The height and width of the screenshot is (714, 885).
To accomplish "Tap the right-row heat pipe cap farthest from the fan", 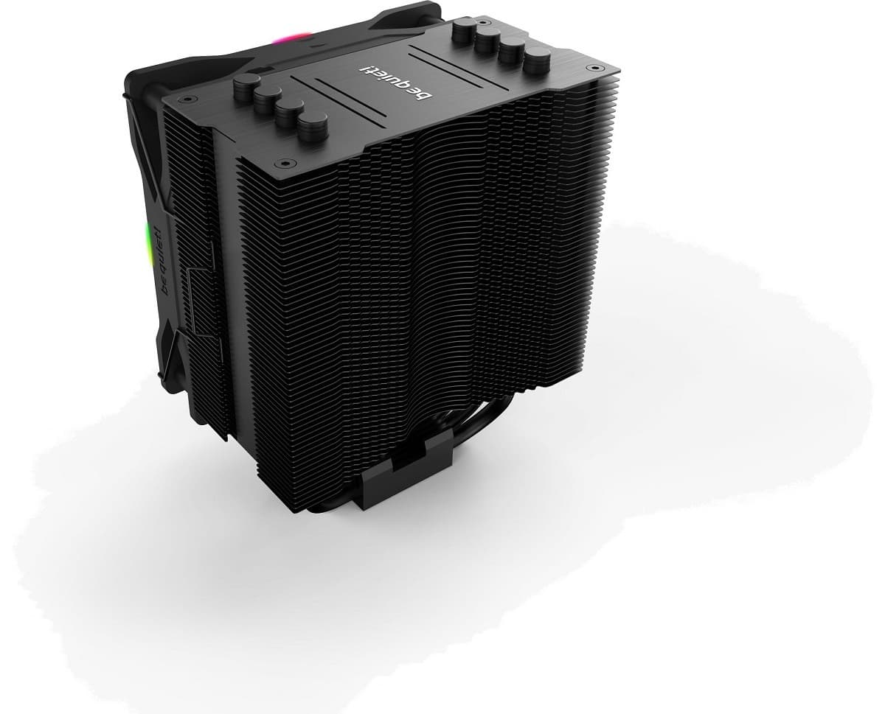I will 538,59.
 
